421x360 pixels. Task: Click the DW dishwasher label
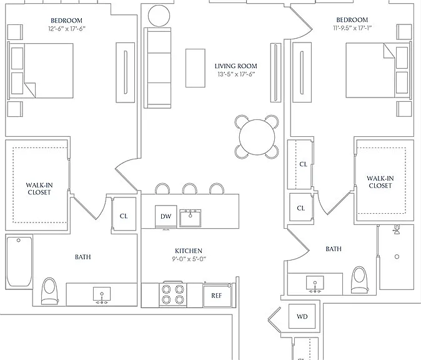point(166,216)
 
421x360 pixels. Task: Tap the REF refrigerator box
point(216,295)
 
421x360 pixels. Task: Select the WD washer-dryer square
point(302,316)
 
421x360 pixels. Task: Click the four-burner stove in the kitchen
point(172,294)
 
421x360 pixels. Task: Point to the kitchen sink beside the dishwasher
point(190,218)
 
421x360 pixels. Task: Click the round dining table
point(257,137)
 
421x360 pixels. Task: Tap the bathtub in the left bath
point(19,261)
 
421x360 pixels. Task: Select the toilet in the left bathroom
point(50,291)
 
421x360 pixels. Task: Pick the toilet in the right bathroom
point(359,280)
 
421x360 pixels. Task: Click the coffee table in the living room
point(196,68)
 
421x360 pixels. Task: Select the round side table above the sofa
point(159,16)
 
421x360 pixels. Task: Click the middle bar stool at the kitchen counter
point(189,189)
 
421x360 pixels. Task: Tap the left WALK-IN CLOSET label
point(39,189)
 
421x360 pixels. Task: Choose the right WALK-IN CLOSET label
point(380,182)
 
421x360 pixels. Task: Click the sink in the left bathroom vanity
point(102,295)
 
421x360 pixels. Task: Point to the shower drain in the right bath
point(397,257)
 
